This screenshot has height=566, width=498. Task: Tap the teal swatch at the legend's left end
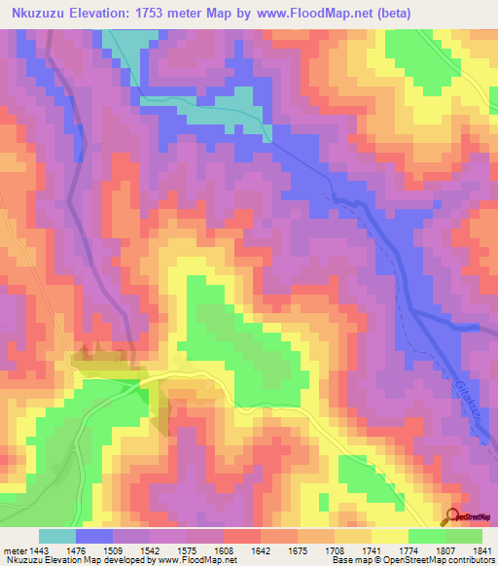pos(56,537)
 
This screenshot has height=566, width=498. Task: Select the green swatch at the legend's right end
pos(464,537)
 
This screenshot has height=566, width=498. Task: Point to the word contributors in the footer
pos(471,560)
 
